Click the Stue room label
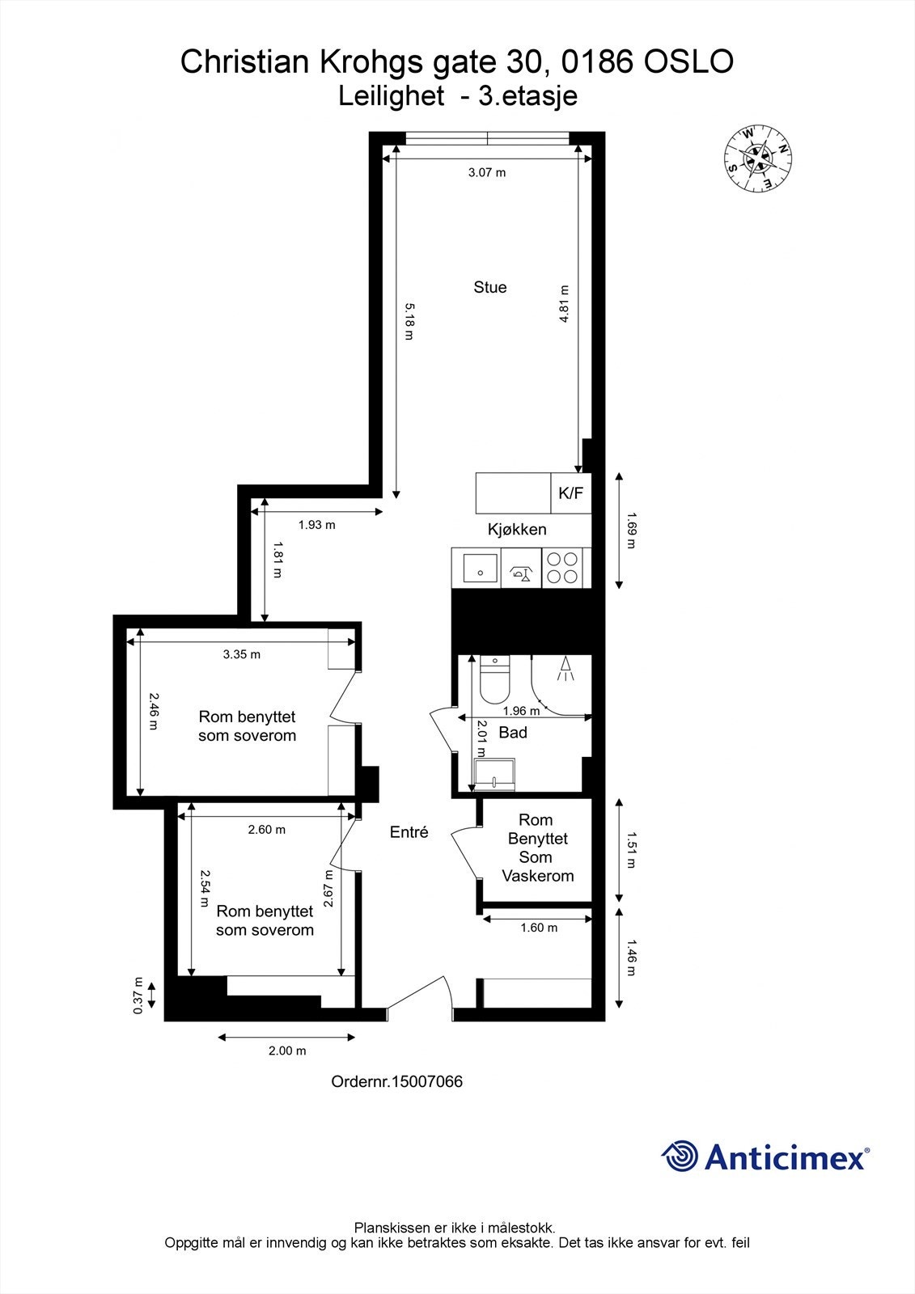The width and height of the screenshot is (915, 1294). [x=490, y=287]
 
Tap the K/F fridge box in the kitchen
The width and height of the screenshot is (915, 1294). [x=570, y=493]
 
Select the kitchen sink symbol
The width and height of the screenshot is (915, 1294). [x=477, y=568]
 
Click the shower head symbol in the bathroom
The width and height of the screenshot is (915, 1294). [x=566, y=668]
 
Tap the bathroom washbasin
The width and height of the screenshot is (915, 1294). [x=494, y=775]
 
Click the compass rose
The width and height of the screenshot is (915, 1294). [x=757, y=159]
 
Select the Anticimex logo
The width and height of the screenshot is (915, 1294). [x=765, y=1157]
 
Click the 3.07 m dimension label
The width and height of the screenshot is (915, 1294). [x=487, y=172]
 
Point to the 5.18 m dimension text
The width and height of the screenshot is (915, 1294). [x=409, y=321]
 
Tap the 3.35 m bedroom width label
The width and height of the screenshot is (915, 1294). [x=242, y=654]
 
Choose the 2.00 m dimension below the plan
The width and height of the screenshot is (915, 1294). [x=287, y=1051]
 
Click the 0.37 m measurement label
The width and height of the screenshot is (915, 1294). [x=138, y=995]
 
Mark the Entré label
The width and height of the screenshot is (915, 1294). [x=409, y=832]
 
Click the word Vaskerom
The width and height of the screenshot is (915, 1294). [x=537, y=876]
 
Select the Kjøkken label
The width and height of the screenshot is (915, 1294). [x=517, y=530]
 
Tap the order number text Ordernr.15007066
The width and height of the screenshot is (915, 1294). [x=397, y=1082]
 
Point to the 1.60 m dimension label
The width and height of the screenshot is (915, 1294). [x=539, y=928]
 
